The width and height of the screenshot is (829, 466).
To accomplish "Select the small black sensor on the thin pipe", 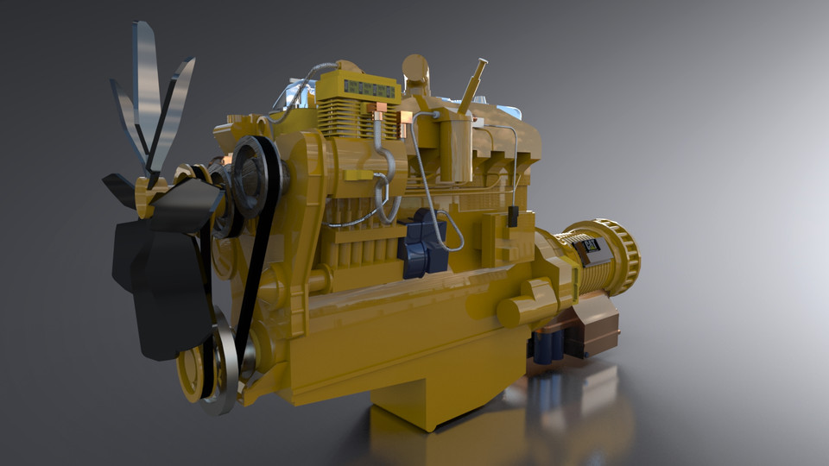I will (x=513, y=216).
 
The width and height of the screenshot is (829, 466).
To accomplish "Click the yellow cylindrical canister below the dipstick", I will (x=456, y=147).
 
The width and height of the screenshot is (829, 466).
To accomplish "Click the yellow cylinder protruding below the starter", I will (x=527, y=306).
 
